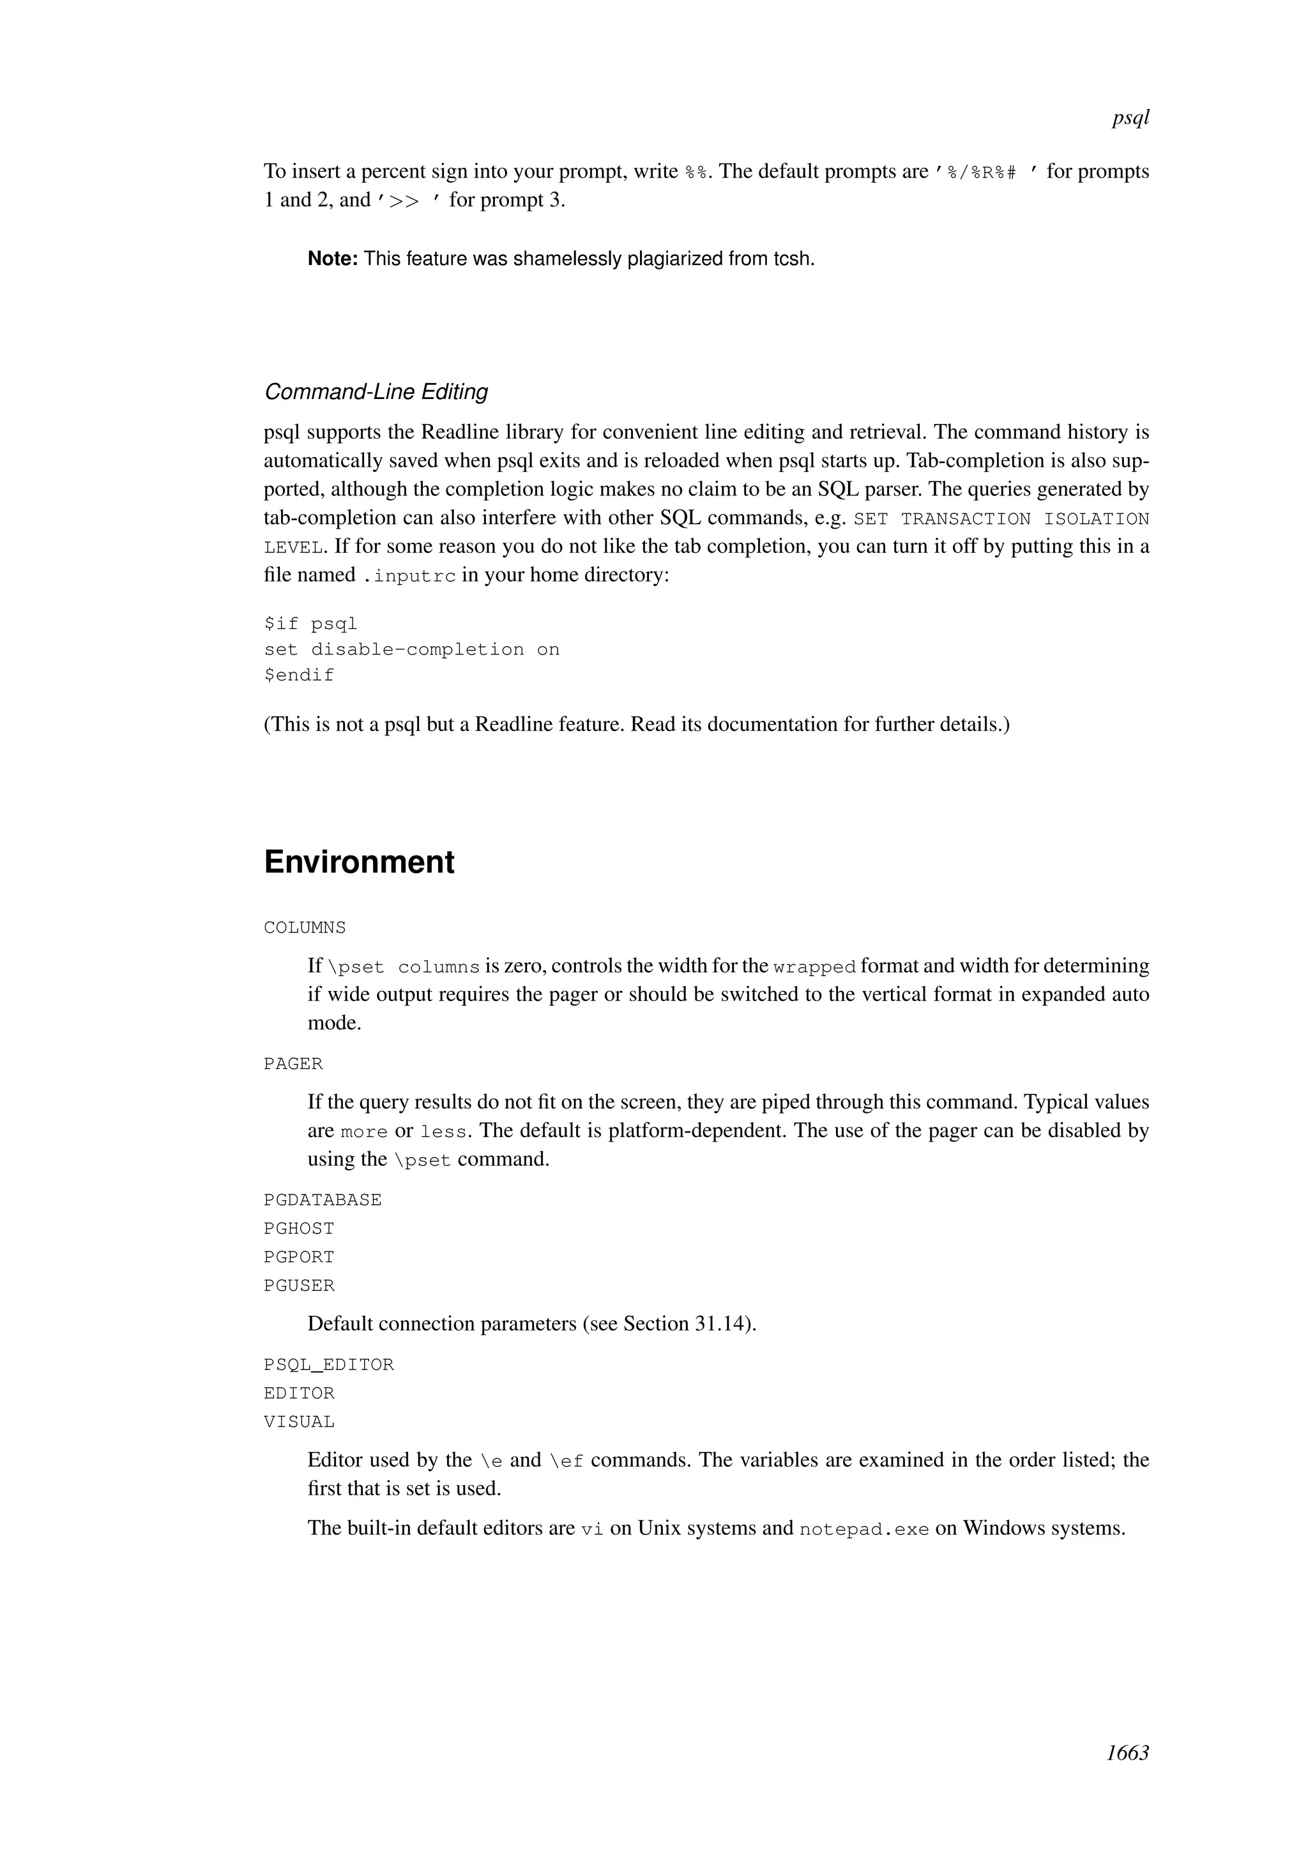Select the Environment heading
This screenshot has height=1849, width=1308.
click(x=359, y=862)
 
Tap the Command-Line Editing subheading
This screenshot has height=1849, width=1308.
click(x=376, y=392)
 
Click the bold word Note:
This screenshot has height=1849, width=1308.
click(x=332, y=259)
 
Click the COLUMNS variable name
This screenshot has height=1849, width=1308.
click(x=305, y=928)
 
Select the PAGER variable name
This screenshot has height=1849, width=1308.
click(x=293, y=1064)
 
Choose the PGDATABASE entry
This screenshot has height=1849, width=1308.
click(x=322, y=1200)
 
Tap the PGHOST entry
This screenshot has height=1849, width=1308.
click(x=299, y=1229)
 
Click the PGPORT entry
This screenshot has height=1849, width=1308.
click(x=299, y=1257)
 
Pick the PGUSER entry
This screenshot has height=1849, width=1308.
click(x=299, y=1286)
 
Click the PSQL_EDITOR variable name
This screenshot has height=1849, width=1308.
click(x=329, y=1365)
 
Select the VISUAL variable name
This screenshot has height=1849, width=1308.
click(x=299, y=1422)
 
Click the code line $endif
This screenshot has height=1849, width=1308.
click(x=299, y=675)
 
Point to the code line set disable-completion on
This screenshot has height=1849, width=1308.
click(x=411, y=650)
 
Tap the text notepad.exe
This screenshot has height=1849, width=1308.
click(x=863, y=1529)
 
